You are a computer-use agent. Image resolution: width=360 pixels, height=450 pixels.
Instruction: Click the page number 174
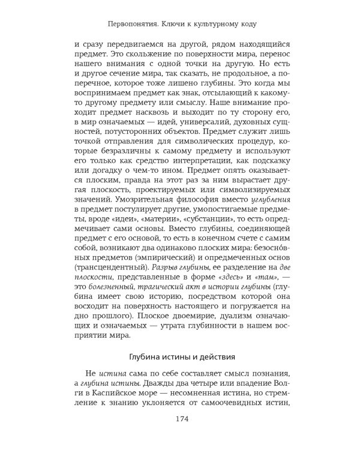click(180, 419)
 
